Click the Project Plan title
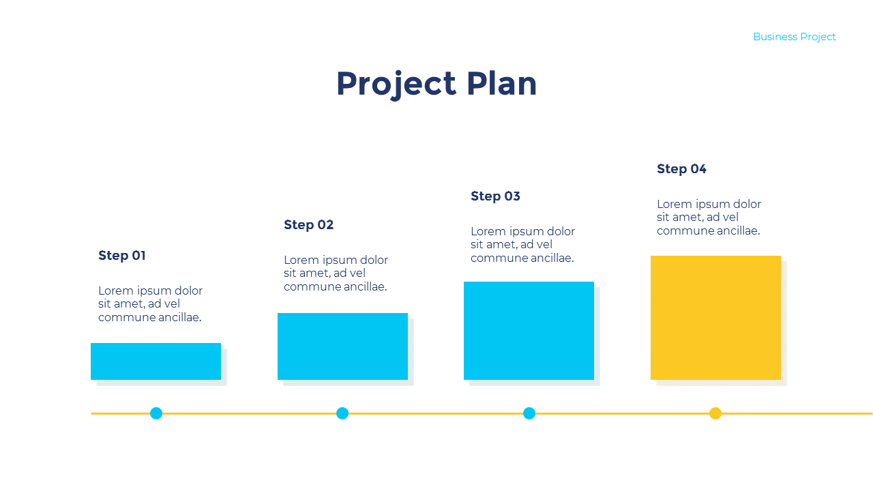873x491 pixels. [436, 84]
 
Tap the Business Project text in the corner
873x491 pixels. [794, 37]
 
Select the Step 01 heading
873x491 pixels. [122, 256]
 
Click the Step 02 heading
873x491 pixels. [308, 225]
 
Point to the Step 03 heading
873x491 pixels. [495, 196]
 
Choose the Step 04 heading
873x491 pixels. [681, 169]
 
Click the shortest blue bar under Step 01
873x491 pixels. [156, 361]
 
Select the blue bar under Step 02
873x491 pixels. [342, 346]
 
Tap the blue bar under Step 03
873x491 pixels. [529, 331]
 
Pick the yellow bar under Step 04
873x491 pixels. [715, 318]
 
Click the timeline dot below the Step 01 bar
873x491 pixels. [156, 413]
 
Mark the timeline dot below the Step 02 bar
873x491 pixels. [342, 413]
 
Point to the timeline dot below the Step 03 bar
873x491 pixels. [529, 413]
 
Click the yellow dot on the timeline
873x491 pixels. [715, 413]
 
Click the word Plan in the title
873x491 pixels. [502, 84]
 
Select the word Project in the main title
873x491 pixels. [396, 84]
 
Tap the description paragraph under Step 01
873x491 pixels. [150, 304]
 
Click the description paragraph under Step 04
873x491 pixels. [709, 218]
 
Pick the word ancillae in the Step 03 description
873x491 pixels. [550, 258]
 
